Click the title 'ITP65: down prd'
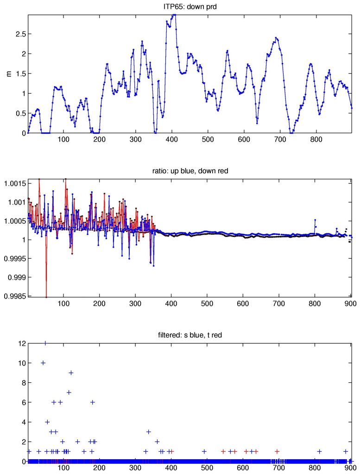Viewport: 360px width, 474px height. click(190, 6)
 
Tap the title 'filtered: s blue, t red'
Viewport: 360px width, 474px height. click(190, 336)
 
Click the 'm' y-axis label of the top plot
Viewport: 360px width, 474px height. click(8, 74)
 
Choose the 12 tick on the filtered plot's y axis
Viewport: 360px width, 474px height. click(21, 343)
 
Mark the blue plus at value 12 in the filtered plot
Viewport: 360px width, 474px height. click(45, 343)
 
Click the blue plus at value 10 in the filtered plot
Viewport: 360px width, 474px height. click(43, 363)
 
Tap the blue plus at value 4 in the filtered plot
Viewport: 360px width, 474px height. click(47, 422)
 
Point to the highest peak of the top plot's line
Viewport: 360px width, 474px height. click(174, 15)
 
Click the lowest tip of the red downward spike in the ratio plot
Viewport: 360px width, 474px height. click(46, 297)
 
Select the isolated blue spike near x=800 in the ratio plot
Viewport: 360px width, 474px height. click(315, 220)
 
